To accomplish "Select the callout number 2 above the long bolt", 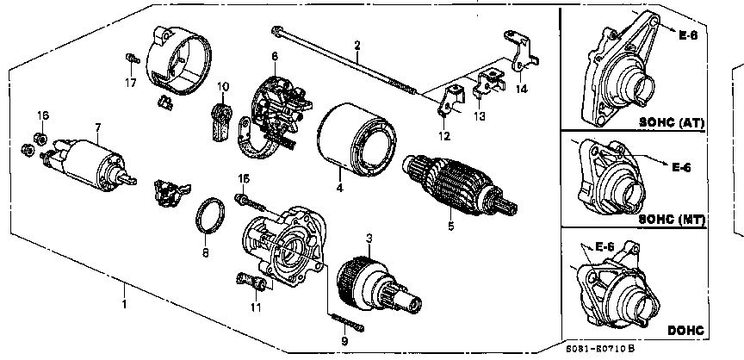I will click(357, 44).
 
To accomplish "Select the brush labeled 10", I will click(220, 120).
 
